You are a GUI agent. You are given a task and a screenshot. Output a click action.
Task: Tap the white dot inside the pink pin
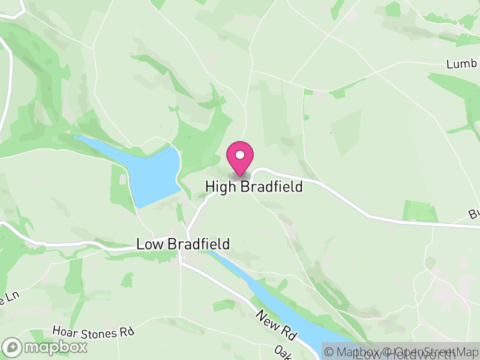[240, 155]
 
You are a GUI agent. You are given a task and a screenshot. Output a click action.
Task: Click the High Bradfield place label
[254, 187]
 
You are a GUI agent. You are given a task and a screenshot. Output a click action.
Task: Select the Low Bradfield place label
[183, 244]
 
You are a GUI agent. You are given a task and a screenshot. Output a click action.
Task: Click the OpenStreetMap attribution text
[433, 352]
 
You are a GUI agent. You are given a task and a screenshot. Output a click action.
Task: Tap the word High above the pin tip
[221, 187]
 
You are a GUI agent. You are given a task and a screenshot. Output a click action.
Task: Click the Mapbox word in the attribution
[358, 352]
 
